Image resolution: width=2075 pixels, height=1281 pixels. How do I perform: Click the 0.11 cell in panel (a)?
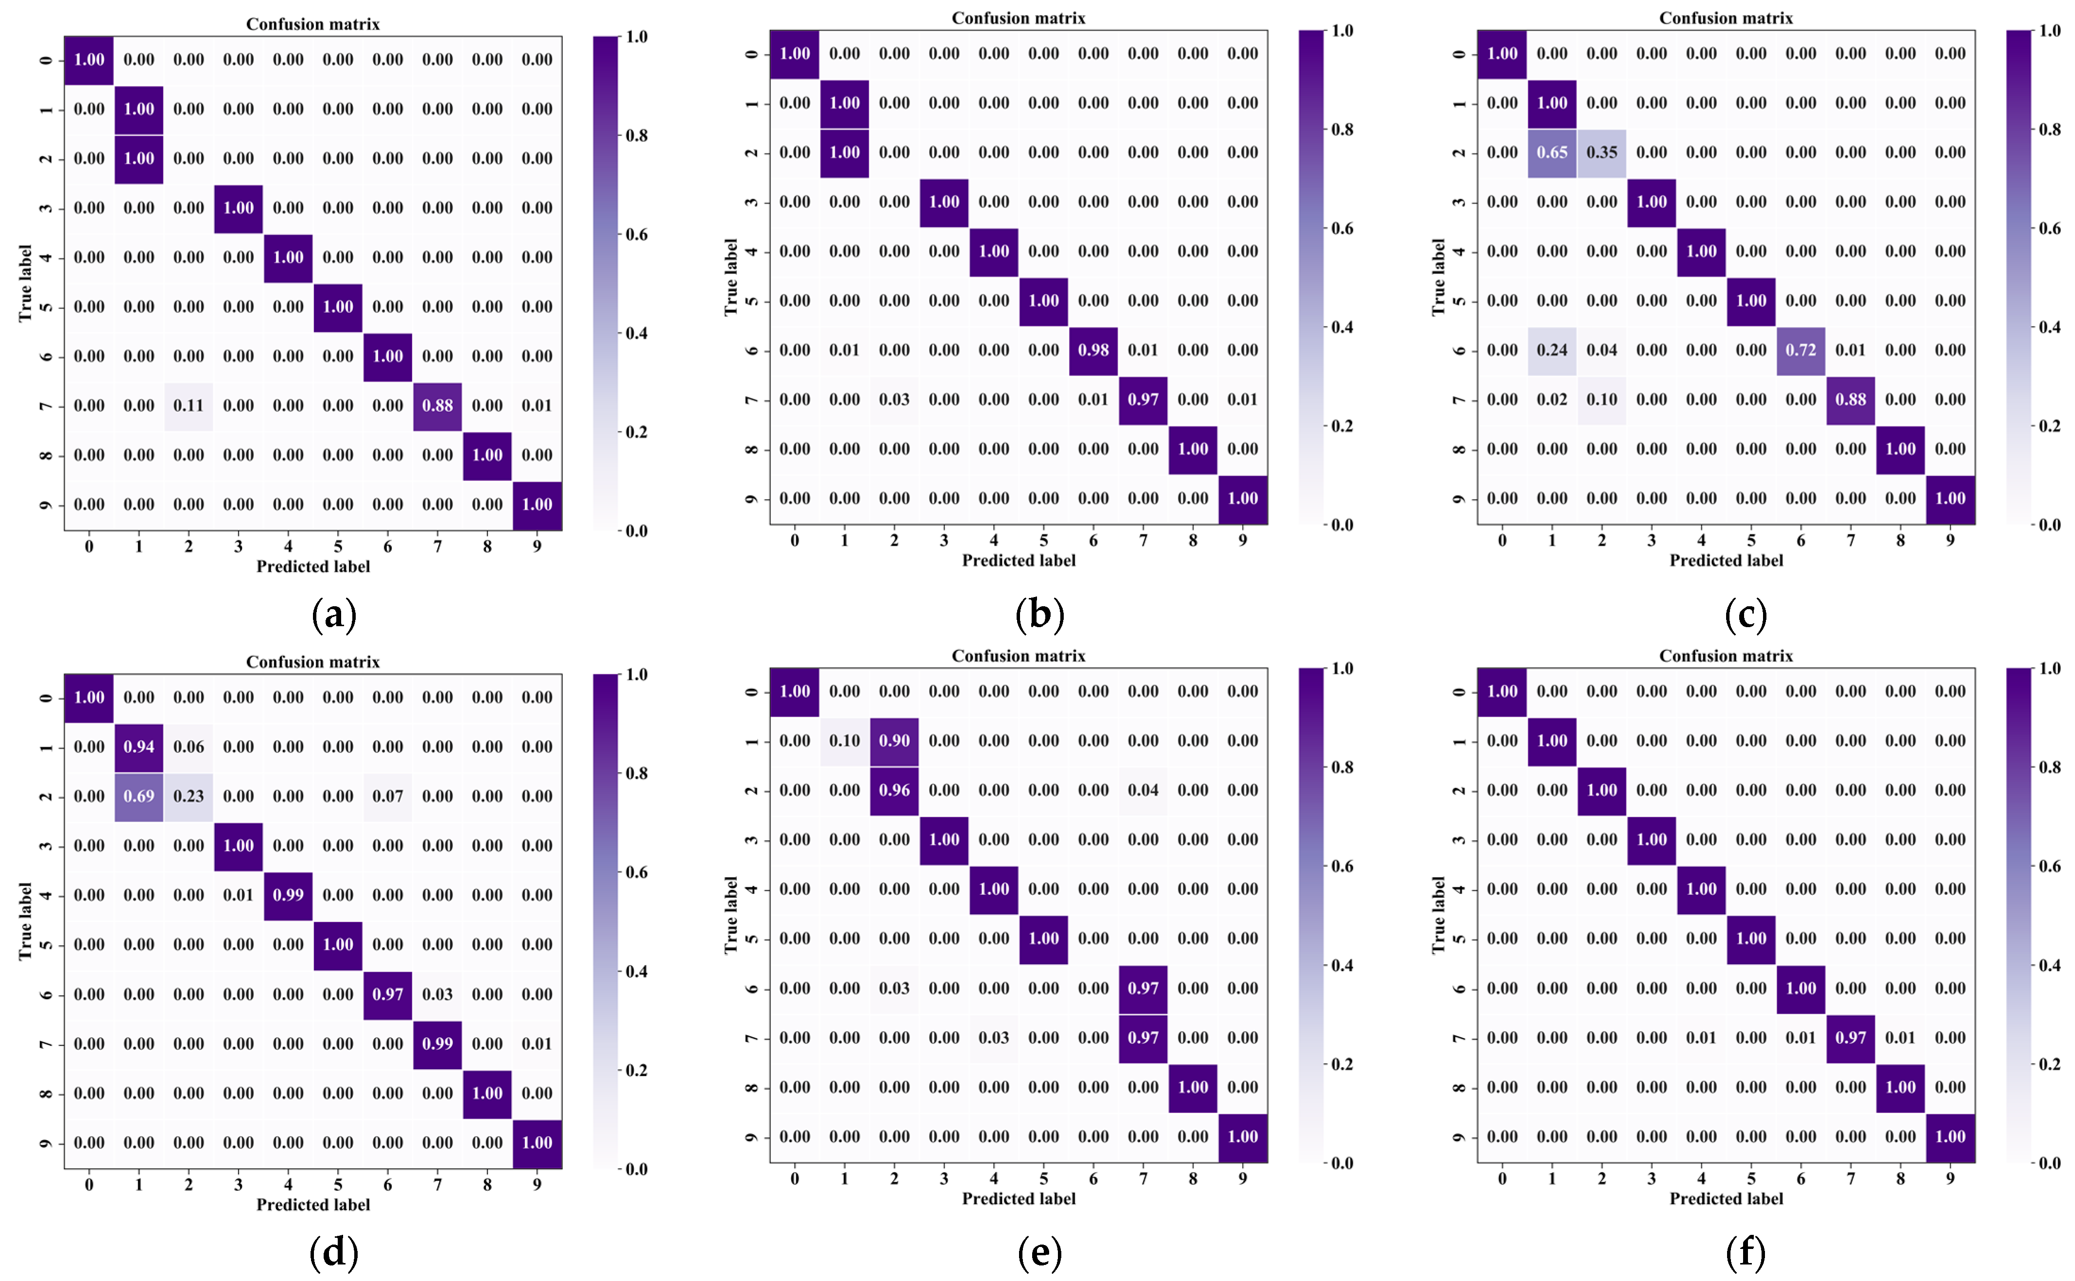pyautogui.click(x=188, y=406)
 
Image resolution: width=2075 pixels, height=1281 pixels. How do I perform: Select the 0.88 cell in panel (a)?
pyautogui.click(x=437, y=406)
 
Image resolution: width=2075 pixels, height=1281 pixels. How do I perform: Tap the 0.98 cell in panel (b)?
pyautogui.click(x=1093, y=350)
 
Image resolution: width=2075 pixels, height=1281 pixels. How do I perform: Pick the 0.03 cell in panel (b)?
pyautogui.click(x=894, y=400)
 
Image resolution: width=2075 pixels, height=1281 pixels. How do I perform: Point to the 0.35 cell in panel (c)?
pyautogui.click(x=1601, y=153)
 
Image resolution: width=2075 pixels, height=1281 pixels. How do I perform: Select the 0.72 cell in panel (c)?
pyautogui.click(x=1800, y=350)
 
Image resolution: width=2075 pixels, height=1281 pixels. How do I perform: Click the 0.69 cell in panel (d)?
pyautogui.click(x=139, y=796)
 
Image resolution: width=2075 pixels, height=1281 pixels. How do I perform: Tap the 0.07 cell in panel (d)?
pyautogui.click(x=387, y=796)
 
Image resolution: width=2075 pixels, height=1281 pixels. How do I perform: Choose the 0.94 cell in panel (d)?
pyautogui.click(x=139, y=747)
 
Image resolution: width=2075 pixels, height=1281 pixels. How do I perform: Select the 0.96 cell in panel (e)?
pyautogui.click(x=894, y=790)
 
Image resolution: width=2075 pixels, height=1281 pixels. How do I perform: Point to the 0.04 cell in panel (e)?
pyautogui.click(x=1143, y=790)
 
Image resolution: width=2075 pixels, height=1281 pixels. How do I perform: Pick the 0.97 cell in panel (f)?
pyautogui.click(x=1850, y=1038)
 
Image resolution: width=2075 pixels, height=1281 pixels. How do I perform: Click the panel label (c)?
pyautogui.click(x=1746, y=614)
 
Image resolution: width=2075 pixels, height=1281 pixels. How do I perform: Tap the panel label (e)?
pyautogui.click(x=1039, y=1252)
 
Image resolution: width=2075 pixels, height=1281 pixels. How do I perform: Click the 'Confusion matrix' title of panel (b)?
pyautogui.click(x=1019, y=18)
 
